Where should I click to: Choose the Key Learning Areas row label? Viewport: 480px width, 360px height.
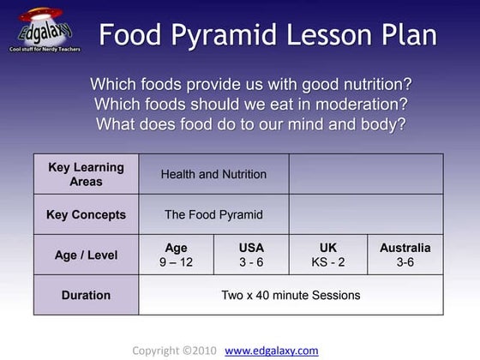(x=86, y=174)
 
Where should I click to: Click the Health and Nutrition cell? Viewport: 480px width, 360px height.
(x=213, y=174)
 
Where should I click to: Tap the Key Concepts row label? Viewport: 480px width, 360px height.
(x=86, y=214)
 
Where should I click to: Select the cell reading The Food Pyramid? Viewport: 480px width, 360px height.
(x=213, y=214)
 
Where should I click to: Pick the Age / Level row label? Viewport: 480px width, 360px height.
(x=86, y=255)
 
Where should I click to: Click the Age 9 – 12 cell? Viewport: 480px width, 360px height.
(x=176, y=255)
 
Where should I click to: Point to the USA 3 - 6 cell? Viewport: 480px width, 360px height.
(x=251, y=255)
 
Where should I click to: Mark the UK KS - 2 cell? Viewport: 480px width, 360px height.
(x=328, y=255)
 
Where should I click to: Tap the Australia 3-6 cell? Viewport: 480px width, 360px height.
(x=405, y=255)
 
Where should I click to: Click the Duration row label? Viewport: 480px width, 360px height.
(x=86, y=295)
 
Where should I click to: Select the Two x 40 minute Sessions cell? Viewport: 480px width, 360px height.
(x=291, y=295)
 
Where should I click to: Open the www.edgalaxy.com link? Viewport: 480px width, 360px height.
(x=272, y=351)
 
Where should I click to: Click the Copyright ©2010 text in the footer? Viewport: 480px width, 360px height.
(x=174, y=351)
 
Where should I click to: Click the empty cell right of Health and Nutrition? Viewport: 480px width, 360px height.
(x=366, y=174)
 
